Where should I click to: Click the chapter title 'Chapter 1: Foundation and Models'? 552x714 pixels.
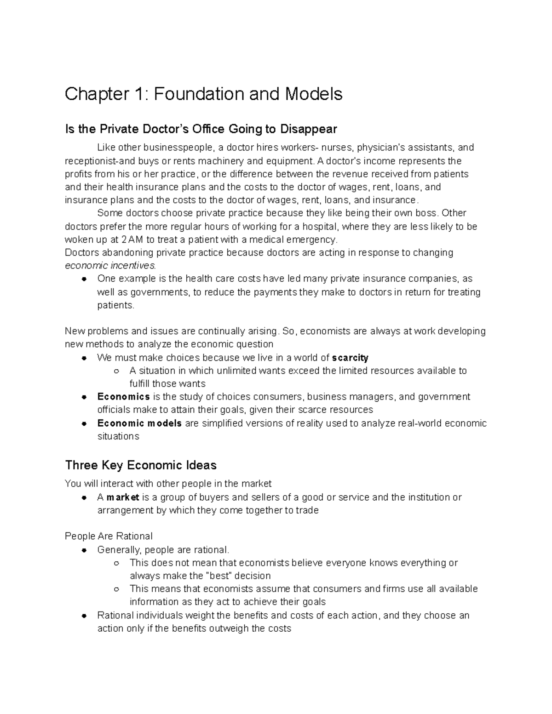pos(203,94)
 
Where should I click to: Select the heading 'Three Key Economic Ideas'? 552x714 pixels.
pos(141,465)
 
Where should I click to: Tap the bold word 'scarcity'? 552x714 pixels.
pos(350,358)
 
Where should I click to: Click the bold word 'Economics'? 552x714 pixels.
pos(123,396)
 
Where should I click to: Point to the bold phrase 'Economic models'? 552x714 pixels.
pos(139,423)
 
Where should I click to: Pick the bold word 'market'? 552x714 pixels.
pos(123,497)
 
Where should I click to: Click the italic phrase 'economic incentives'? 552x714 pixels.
pos(110,266)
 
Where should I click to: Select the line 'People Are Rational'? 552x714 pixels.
pos(109,536)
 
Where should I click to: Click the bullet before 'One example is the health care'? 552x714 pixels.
pos(84,279)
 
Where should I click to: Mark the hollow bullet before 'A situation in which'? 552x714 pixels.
pos(116,371)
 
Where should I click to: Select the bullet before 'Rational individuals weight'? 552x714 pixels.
pos(84,616)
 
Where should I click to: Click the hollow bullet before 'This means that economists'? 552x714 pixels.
pos(116,589)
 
